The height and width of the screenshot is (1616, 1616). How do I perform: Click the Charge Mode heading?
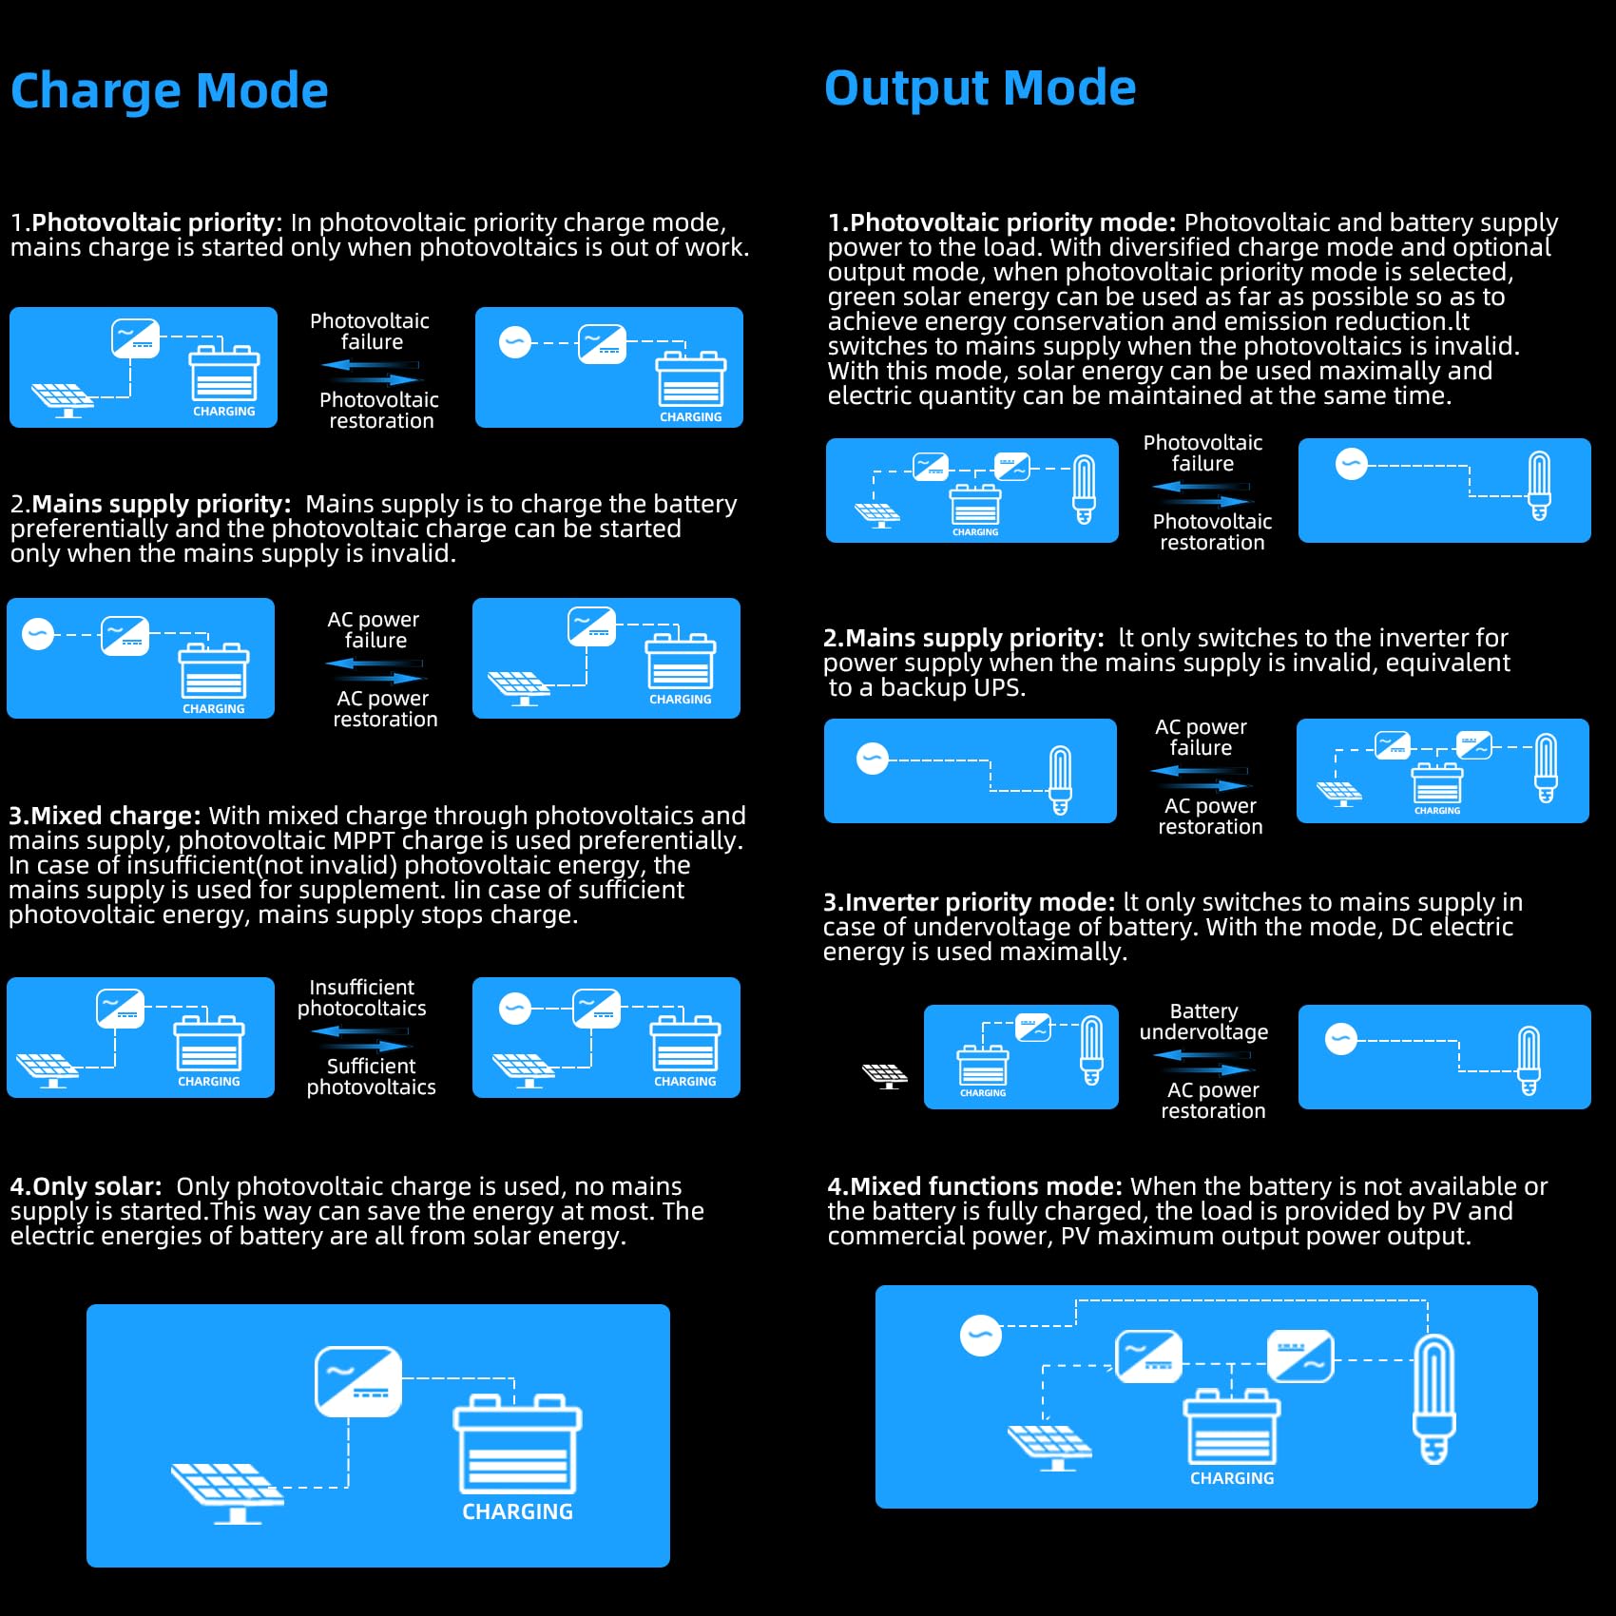169,91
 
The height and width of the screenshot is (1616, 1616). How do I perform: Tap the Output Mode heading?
979,88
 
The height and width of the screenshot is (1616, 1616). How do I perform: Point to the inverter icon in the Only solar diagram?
358,1380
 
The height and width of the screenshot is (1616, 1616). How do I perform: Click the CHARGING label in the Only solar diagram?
517,1511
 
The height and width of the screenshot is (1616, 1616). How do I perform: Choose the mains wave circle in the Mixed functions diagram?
980,1335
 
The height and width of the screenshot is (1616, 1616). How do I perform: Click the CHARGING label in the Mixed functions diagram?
1232,1478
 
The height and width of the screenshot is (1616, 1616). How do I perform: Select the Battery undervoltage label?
1203,1022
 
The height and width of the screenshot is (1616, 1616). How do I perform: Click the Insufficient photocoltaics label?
361,998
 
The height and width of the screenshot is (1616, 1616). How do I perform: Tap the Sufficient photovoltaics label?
371,1077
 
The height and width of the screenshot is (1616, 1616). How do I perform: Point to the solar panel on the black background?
885,1076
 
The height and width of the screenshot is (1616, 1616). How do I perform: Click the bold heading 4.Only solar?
86,1186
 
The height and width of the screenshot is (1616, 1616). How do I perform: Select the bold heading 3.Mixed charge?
105,816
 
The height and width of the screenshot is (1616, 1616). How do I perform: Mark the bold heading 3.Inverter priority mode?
969,902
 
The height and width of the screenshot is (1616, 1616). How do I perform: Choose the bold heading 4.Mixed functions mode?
974,1186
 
